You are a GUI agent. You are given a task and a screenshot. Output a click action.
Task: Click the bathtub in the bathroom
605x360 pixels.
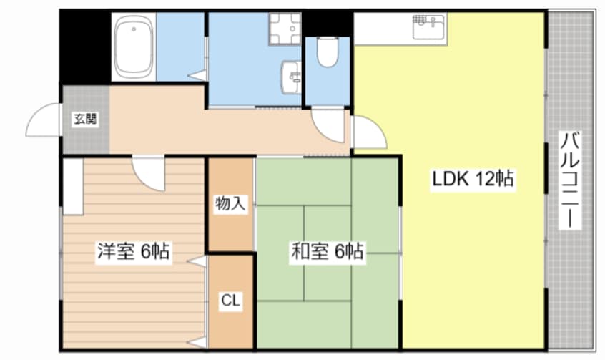click(134, 47)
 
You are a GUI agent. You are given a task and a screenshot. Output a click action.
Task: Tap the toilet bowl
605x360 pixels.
click(328, 52)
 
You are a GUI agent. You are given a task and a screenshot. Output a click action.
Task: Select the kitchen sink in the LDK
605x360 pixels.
click(429, 26)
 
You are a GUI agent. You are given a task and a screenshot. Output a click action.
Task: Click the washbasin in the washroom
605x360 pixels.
click(291, 77)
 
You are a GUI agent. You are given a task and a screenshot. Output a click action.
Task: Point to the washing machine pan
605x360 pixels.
click(285, 29)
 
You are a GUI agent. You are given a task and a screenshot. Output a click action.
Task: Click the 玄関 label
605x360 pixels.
click(85, 119)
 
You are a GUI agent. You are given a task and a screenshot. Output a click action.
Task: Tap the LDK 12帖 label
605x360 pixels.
click(472, 179)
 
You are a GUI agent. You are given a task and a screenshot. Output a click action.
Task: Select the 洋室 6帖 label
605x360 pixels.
click(133, 251)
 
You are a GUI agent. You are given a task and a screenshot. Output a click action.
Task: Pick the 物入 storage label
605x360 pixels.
click(230, 203)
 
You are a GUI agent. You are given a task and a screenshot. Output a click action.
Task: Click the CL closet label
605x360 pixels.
click(231, 300)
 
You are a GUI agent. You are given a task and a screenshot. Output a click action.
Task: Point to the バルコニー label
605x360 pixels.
click(570, 180)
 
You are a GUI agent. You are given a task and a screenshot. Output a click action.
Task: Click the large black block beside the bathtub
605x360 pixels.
click(85, 47)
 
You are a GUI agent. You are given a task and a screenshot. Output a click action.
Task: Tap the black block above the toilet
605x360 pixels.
click(328, 24)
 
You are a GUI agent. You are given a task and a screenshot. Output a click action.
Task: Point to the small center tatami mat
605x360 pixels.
click(328, 253)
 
